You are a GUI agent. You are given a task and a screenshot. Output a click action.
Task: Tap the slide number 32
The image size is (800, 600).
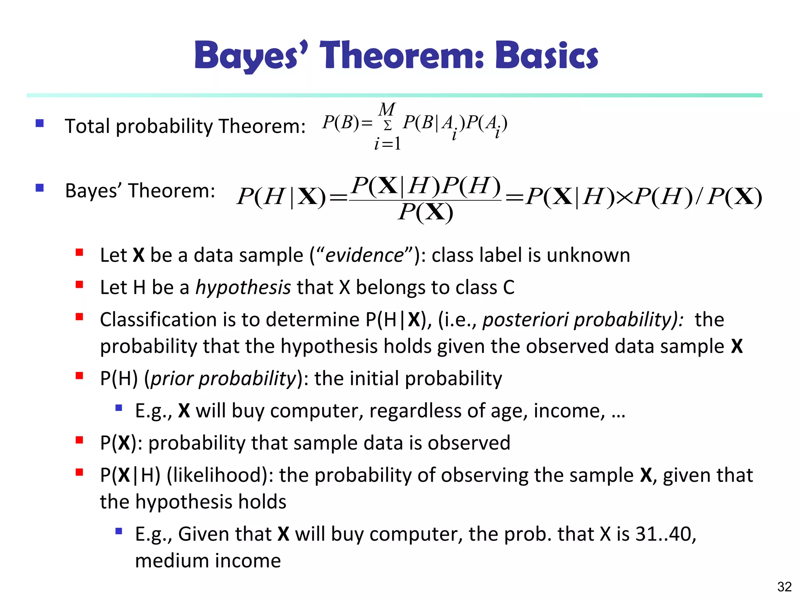click(784, 587)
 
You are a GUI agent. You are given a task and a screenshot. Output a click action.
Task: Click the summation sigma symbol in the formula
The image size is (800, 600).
click(387, 126)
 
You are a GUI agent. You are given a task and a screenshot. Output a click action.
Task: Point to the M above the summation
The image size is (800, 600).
click(387, 109)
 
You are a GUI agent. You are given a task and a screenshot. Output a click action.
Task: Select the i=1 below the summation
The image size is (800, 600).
click(387, 144)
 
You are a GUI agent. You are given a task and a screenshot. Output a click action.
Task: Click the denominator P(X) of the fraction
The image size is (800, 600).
click(425, 213)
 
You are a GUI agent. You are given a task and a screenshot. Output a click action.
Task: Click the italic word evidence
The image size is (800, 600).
click(364, 255)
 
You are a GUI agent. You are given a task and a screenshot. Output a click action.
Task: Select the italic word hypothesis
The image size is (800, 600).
click(243, 288)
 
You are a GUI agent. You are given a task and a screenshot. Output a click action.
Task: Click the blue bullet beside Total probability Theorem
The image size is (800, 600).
click(39, 123)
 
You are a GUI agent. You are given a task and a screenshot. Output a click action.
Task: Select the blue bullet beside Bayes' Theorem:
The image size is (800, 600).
click(39, 188)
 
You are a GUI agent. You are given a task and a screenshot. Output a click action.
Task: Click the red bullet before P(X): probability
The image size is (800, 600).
click(79, 440)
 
